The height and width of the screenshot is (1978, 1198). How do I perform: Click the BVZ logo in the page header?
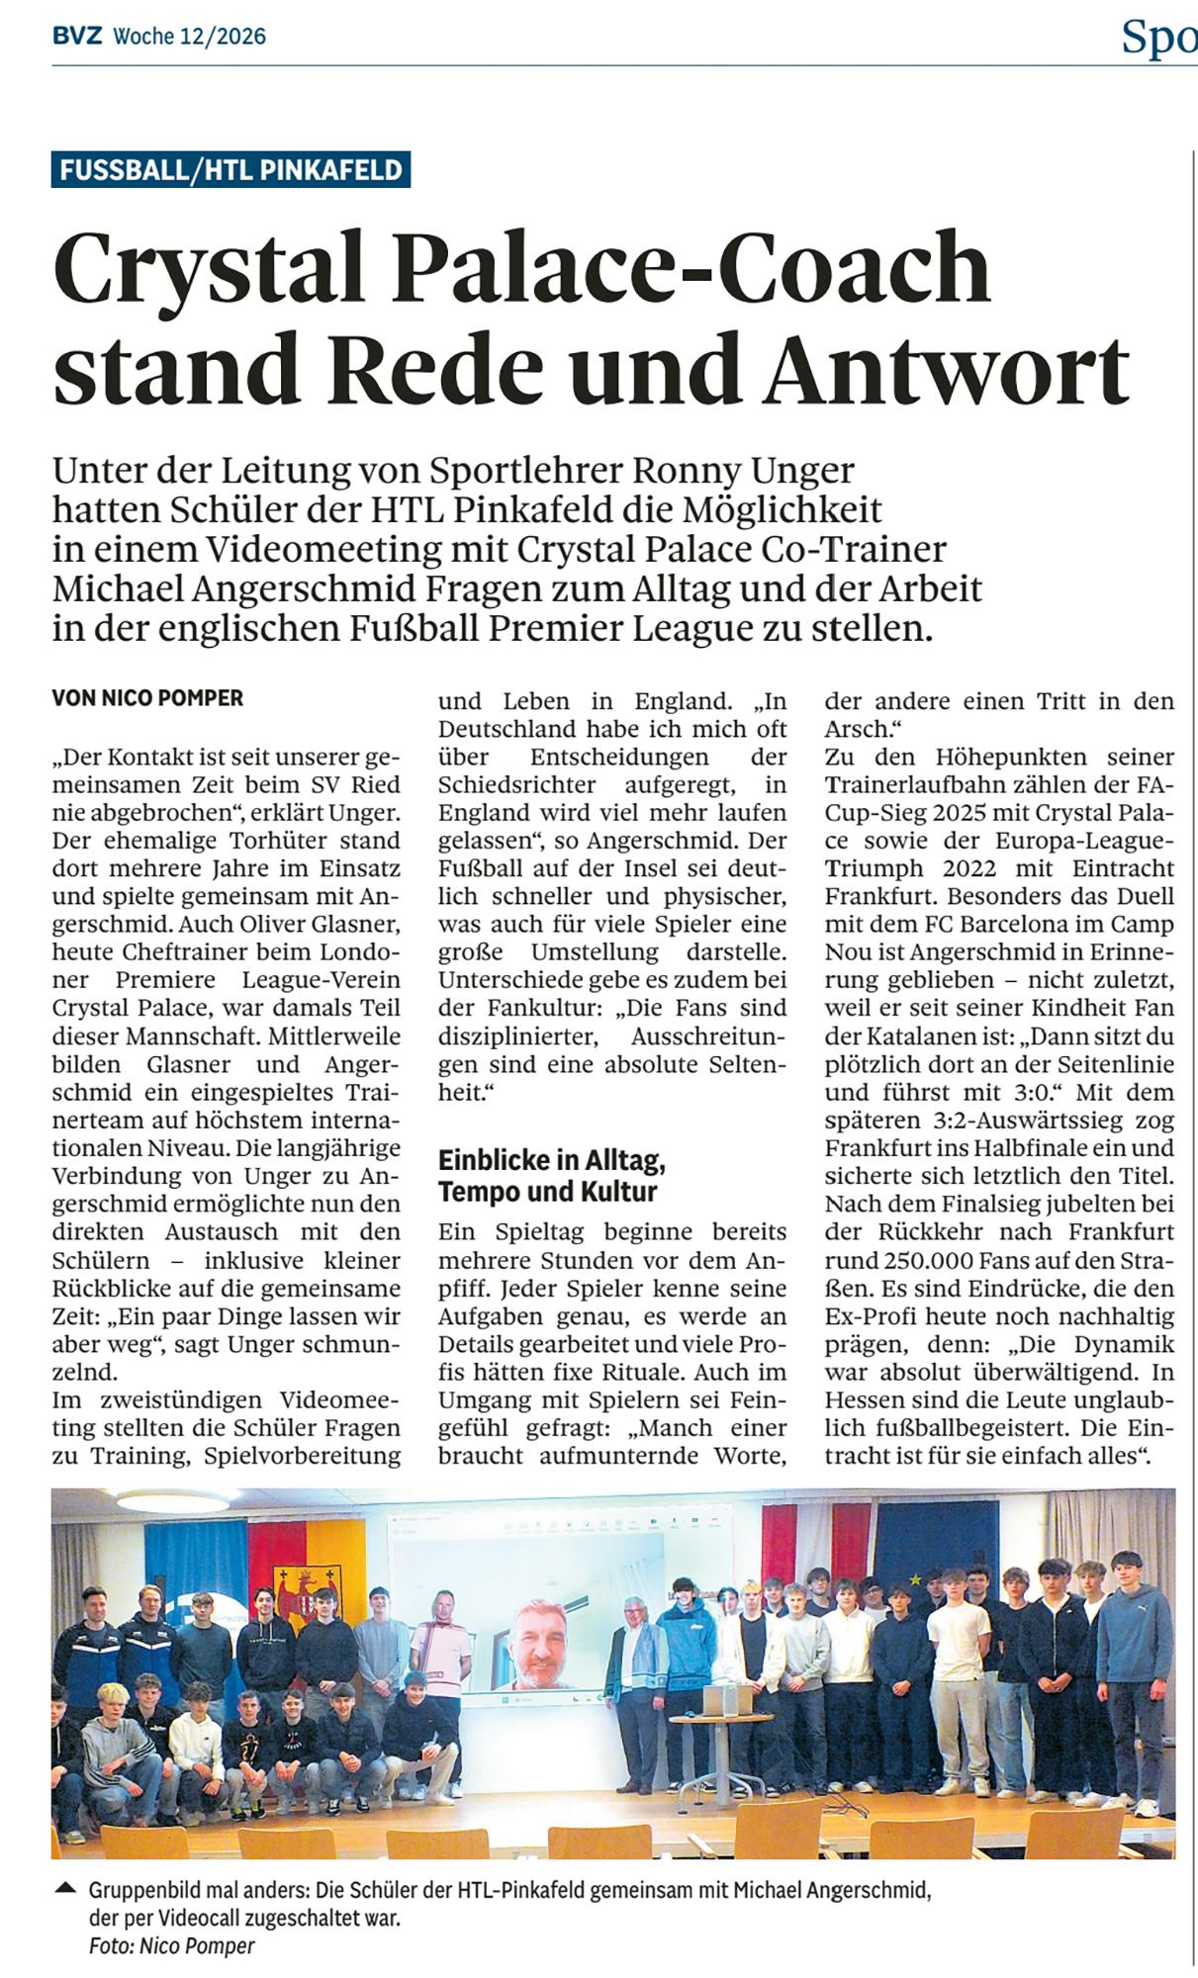tap(77, 37)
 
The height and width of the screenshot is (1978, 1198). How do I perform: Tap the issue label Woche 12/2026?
tap(189, 37)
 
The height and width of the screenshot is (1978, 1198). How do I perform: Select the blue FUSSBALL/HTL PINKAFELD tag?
tap(230, 170)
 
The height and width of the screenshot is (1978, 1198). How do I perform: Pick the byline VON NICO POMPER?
tap(147, 698)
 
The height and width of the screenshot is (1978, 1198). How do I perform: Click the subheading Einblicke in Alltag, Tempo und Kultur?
tap(551, 1175)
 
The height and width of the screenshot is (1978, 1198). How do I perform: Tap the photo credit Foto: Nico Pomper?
tap(171, 1946)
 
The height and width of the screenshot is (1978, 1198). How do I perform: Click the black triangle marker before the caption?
tap(65, 1889)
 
